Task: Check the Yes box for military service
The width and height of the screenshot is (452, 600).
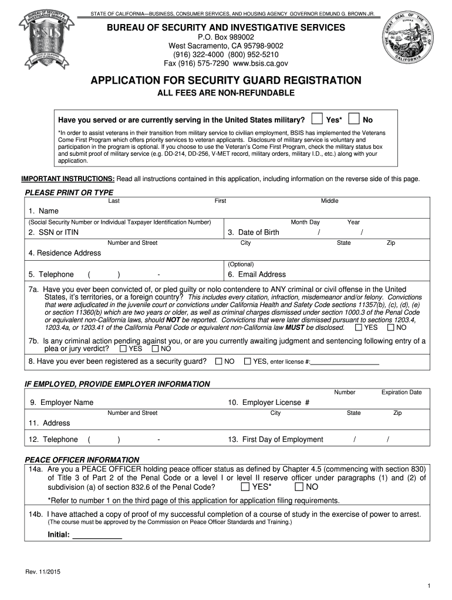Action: pyautogui.click(x=317, y=119)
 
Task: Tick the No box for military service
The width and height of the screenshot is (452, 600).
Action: pyautogui.click(x=354, y=119)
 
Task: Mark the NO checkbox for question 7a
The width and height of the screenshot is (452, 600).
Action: pyautogui.click(x=391, y=328)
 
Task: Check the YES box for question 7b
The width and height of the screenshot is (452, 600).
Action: pyautogui.click(x=123, y=349)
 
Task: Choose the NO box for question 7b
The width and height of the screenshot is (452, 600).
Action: pyautogui.click(x=156, y=349)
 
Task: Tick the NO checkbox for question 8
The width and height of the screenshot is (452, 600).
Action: pyautogui.click(x=218, y=362)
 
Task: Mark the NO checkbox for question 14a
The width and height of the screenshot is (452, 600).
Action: pyautogui.click(x=299, y=487)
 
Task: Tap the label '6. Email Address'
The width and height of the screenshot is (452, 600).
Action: pyautogui.click(x=257, y=274)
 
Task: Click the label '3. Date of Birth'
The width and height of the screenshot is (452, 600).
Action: pyautogui.click(x=254, y=233)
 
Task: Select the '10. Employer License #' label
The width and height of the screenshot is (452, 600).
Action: pyautogui.click(x=268, y=403)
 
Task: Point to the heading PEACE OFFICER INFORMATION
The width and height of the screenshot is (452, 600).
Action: pyautogui.click(x=82, y=459)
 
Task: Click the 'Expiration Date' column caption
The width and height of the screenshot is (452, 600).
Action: pyautogui.click(x=402, y=392)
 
